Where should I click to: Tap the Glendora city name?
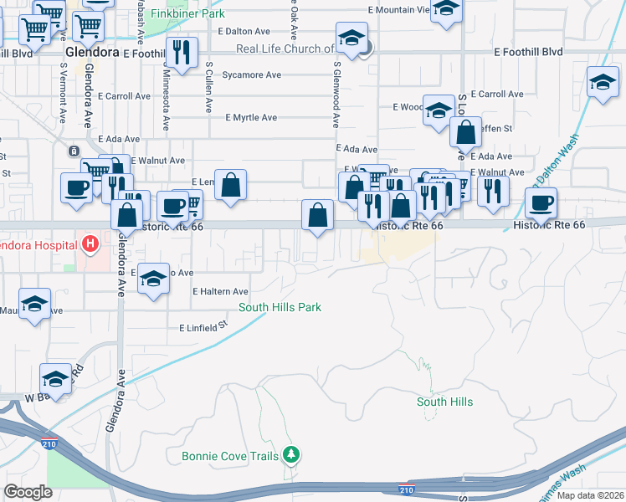[x=93, y=52]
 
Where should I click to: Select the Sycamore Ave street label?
[x=251, y=74]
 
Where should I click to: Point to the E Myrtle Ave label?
[x=251, y=118]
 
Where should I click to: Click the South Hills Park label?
[x=280, y=308]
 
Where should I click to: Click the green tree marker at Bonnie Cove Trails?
[x=290, y=455]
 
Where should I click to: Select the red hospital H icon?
[x=90, y=244]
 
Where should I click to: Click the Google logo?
[x=28, y=492]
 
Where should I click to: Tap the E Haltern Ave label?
[x=220, y=291]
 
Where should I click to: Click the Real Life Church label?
[x=285, y=49]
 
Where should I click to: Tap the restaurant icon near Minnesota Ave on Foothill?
[x=182, y=52]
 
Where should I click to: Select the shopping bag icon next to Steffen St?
[x=464, y=132]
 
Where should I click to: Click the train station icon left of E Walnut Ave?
[x=74, y=151]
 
